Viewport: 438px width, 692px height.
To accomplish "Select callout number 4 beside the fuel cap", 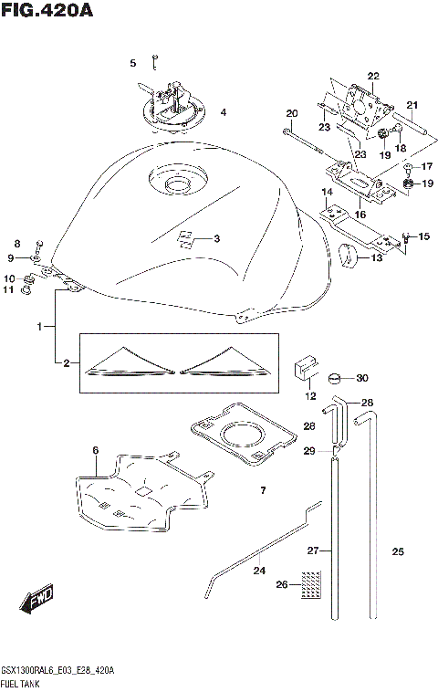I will [x=222, y=113].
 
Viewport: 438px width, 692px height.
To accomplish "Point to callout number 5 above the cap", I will [x=132, y=63].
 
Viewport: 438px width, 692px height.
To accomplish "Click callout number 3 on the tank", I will [x=217, y=240].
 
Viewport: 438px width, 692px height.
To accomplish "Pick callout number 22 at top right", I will [x=372, y=76].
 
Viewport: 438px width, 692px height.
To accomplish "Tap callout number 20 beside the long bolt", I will [x=292, y=114].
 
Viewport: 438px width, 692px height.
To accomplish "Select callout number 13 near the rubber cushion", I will [x=377, y=258].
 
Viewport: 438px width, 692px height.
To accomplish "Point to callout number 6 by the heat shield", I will [x=95, y=450].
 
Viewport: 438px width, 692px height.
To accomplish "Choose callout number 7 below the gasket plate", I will [x=262, y=491].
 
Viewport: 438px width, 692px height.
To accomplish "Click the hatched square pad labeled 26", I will [x=313, y=581].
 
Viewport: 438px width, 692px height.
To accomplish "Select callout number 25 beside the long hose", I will [x=397, y=551].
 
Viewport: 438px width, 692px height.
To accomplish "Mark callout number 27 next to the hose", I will [x=312, y=550].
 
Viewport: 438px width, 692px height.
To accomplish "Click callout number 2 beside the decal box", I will [x=66, y=363].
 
